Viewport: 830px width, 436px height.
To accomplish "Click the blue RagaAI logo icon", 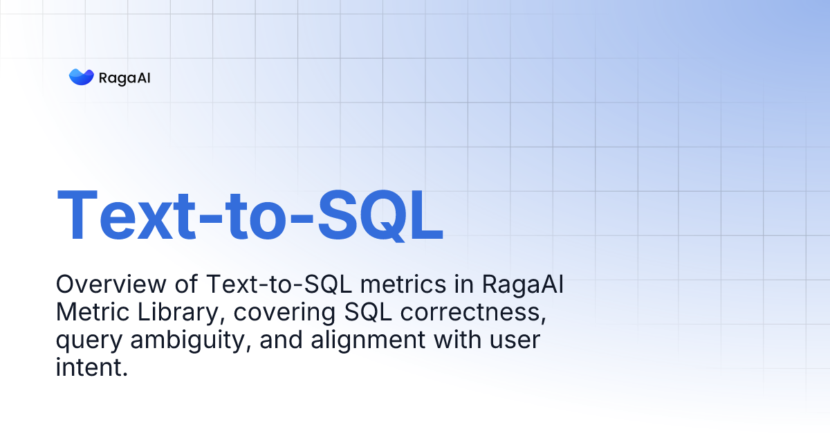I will (x=81, y=77).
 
